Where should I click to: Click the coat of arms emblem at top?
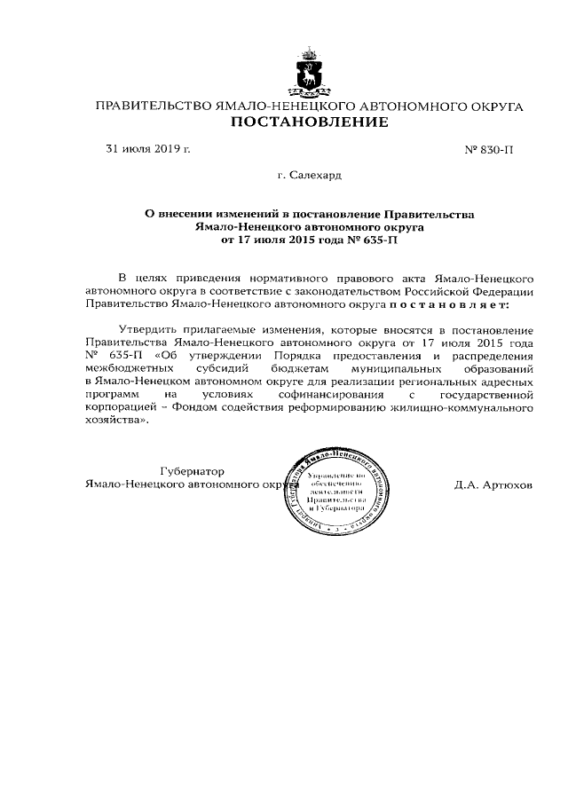[x=310, y=73]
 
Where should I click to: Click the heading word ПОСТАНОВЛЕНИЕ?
[x=310, y=122]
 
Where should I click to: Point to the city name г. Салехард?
[x=310, y=177]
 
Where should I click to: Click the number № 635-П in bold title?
[x=374, y=240]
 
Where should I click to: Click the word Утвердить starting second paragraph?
[x=148, y=327]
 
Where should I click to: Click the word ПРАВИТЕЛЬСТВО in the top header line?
[x=154, y=106]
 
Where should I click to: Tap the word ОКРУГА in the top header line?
[x=493, y=106]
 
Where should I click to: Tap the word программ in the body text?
[x=114, y=395]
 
